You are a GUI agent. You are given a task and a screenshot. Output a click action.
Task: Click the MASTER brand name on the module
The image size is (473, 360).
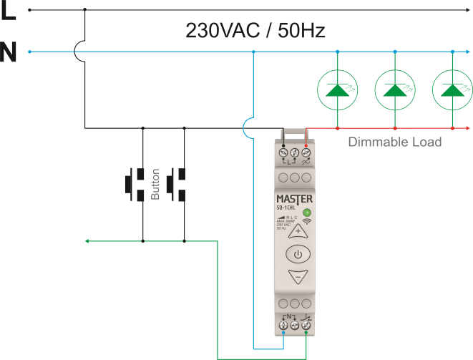[x=295, y=198]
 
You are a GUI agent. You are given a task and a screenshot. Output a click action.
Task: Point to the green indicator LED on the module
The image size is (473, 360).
[x=307, y=213]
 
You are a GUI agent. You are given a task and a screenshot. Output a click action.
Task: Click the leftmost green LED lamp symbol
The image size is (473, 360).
[x=337, y=89]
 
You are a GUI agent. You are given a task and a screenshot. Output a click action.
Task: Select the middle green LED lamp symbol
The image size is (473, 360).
[x=394, y=89]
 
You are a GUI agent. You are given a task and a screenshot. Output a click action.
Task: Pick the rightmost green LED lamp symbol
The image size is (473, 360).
[x=452, y=89]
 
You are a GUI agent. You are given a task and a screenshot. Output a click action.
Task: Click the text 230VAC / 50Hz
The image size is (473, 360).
[x=255, y=31]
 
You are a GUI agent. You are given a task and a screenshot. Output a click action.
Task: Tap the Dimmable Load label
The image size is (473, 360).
[x=394, y=142]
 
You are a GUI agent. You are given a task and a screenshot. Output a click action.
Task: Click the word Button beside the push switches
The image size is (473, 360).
[x=156, y=184]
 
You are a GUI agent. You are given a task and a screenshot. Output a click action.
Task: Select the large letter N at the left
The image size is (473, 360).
[x=9, y=54]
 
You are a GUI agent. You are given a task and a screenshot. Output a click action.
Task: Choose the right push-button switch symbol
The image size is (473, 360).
[x=177, y=183]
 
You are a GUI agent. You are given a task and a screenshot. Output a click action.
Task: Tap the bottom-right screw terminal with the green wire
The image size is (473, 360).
[x=306, y=325]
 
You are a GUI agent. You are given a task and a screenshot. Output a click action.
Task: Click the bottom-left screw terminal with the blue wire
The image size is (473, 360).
[x=284, y=325]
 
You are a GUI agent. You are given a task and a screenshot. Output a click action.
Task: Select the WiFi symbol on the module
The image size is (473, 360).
[x=307, y=222]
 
